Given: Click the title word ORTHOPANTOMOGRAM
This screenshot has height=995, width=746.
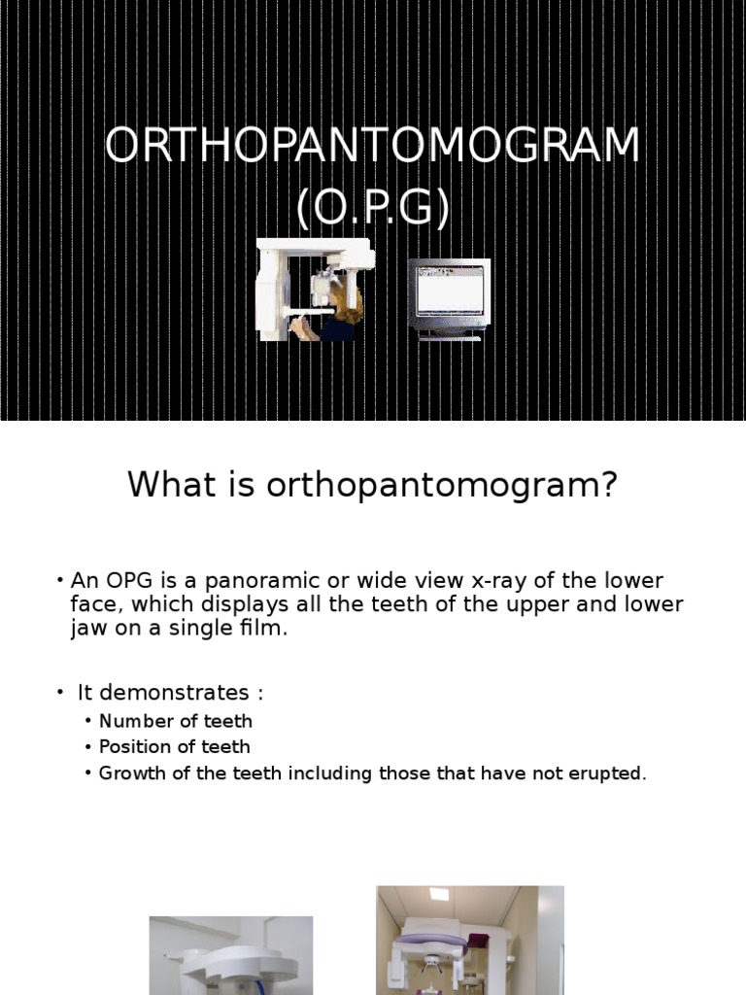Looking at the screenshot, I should [373, 147].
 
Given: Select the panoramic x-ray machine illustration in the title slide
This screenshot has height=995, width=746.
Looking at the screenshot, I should [313, 289].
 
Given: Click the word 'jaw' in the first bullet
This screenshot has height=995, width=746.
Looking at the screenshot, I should [86, 628].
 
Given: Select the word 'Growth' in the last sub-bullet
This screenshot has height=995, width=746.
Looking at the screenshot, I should [130, 773].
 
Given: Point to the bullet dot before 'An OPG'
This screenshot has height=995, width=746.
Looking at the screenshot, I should [60, 581].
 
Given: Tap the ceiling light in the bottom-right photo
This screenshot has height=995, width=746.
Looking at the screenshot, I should [438, 894].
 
